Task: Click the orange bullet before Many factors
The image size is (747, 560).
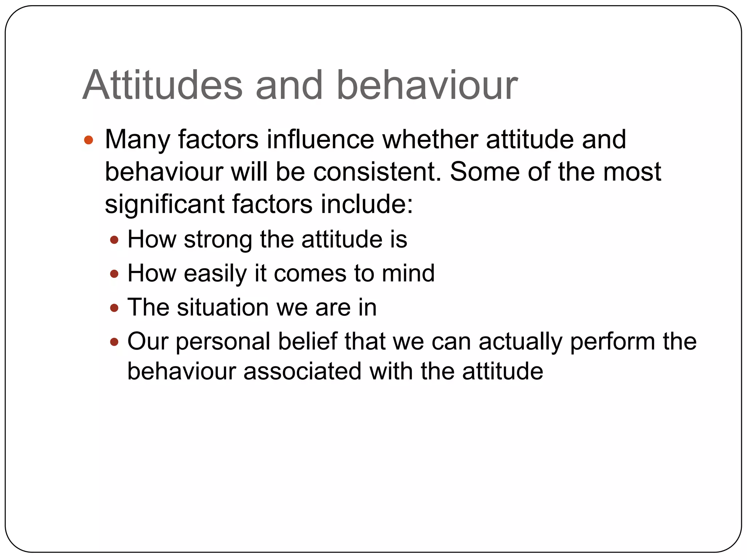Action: (89, 140)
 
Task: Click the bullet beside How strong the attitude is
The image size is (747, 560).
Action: (115, 240)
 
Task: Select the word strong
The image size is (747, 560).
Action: (218, 240)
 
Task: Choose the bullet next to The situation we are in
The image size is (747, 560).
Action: (115, 308)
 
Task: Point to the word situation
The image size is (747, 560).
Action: (222, 307)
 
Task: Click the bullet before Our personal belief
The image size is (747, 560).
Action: (115, 342)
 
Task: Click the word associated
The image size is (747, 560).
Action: (302, 372)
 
